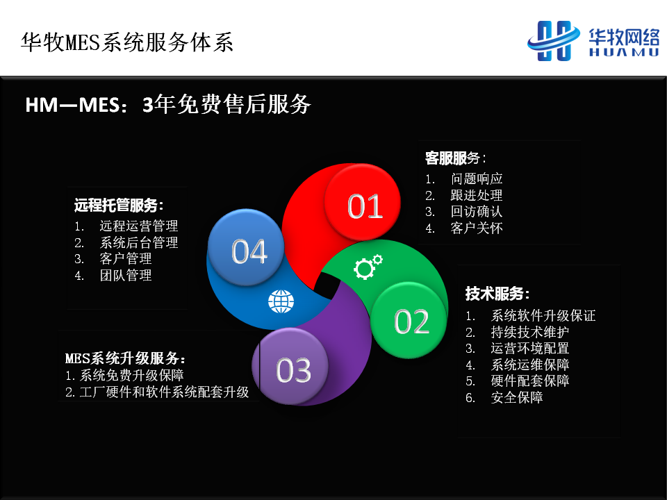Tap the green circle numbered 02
409,319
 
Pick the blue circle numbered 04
246,248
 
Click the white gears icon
368,267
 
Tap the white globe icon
281,301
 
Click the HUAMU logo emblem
554,41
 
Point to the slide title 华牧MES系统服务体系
127,42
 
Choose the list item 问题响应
477,179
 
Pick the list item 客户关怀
477,228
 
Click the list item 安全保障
517,397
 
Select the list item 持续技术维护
530,332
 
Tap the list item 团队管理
126,276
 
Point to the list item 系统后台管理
139,243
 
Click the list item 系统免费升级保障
131,376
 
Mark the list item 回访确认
477,212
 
